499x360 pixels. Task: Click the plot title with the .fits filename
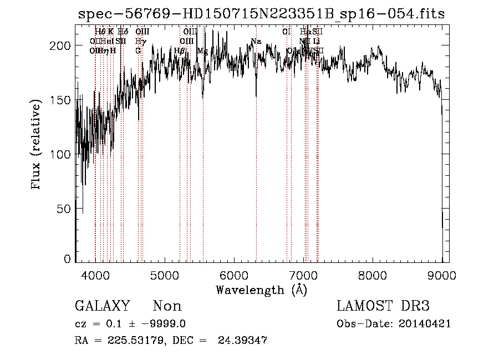click(261, 14)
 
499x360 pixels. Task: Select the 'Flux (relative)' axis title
click(37, 146)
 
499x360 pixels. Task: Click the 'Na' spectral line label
click(256, 42)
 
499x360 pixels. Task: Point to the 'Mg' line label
click(202, 50)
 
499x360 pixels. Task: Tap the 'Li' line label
click(317, 41)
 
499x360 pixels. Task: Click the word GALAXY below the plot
click(102, 306)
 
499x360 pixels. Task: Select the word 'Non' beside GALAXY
click(167, 306)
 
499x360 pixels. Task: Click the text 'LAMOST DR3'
click(383, 306)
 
